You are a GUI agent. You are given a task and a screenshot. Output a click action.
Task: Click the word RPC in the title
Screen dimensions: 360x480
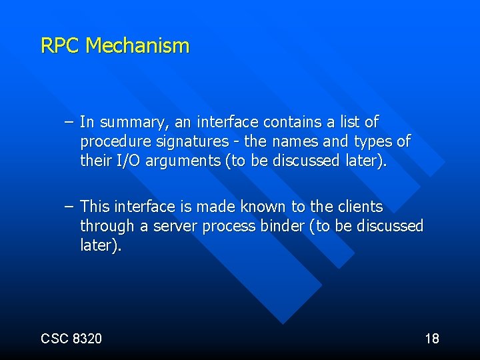(61, 46)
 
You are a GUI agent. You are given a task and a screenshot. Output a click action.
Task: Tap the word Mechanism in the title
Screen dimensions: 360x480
(138, 46)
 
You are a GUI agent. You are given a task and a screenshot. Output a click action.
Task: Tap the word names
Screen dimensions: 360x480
(295, 141)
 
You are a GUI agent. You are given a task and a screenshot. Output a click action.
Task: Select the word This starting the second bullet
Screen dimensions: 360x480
(96, 207)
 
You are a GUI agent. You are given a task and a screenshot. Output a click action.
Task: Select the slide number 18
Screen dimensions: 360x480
(432, 339)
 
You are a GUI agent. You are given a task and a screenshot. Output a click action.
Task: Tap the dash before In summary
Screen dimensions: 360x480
(70, 123)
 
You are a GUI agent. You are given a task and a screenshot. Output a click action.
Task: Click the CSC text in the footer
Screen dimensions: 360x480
(55, 339)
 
